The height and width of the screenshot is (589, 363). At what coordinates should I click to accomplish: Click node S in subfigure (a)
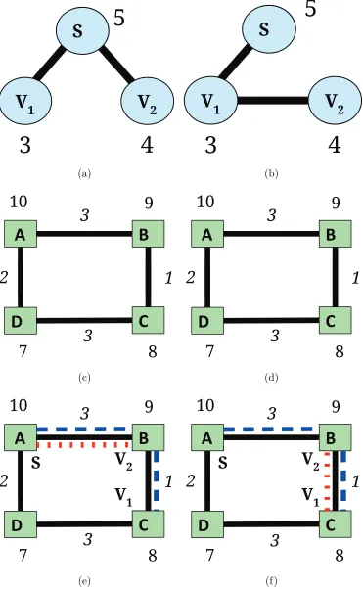click(x=82, y=29)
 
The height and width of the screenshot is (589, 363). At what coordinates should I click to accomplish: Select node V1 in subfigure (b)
click(x=210, y=101)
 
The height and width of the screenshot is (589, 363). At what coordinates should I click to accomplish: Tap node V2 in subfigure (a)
click(x=148, y=101)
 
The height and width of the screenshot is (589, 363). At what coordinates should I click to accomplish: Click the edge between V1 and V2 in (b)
click(x=273, y=101)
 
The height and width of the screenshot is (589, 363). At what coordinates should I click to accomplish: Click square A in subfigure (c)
click(x=21, y=234)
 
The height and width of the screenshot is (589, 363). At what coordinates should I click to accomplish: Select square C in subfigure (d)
click(x=336, y=320)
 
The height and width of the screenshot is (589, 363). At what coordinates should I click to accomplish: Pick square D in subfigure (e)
click(x=21, y=524)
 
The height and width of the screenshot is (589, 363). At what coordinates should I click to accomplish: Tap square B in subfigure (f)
click(x=336, y=437)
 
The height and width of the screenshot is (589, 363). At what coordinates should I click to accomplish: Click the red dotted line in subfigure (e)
click(x=84, y=445)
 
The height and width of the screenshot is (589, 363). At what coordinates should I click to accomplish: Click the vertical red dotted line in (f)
click(x=327, y=480)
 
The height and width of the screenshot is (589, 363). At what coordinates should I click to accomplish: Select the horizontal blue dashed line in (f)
click(x=272, y=429)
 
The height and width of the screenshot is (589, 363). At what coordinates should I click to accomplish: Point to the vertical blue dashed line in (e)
click(x=158, y=480)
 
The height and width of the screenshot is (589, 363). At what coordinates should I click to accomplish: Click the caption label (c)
click(x=84, y=377)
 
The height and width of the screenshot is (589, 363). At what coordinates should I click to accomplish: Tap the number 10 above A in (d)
click(x=205, y=203)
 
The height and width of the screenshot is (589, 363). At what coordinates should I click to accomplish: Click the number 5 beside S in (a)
click(x=118, y=18)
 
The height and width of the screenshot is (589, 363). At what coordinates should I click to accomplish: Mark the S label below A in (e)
click(x=35, y=462)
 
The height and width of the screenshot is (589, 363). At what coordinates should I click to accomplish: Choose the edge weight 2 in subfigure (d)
click(x=191, y=278)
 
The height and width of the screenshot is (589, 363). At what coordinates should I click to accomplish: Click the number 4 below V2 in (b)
click(x=335, y=145)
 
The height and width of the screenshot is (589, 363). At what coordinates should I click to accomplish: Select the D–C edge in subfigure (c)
click(x=84, y=321)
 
